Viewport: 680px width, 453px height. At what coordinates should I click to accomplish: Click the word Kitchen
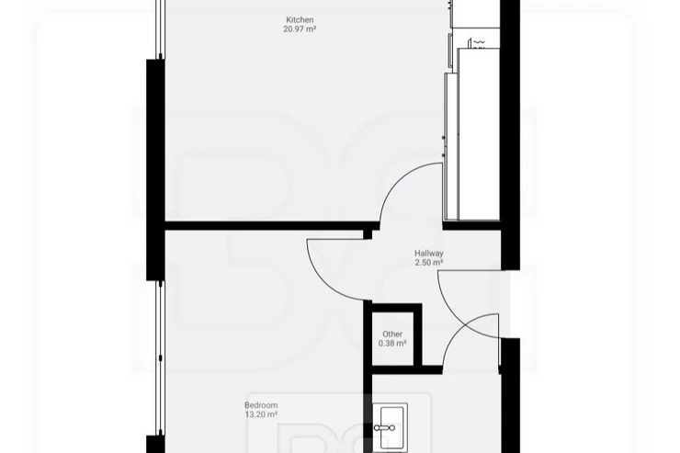pos(300,19)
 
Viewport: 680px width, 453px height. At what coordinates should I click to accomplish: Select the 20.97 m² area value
pos(300,29)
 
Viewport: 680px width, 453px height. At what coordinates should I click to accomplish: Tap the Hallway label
pos(429,254)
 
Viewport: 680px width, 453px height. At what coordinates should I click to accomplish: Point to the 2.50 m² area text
pos(429,263)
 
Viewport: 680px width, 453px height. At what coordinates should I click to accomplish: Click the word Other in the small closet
pos(392,334)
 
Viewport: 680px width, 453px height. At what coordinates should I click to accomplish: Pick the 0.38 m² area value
pos(392,344)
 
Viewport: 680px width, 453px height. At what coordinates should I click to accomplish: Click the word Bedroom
pos(261,405)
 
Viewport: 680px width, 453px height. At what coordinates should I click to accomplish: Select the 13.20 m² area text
pos(261,414)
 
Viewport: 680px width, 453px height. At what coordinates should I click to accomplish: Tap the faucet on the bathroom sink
pos(385,428)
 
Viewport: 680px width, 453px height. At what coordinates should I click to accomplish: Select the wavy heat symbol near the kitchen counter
pos(479,42)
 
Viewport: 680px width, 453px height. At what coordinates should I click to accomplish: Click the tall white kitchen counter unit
pos(479,134)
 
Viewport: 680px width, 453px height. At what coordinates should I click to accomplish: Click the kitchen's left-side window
pos(161,29)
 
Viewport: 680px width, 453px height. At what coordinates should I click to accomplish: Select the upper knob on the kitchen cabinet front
pos(444,138)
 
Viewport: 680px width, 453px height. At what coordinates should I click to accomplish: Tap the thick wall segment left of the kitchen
pos(155,170)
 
